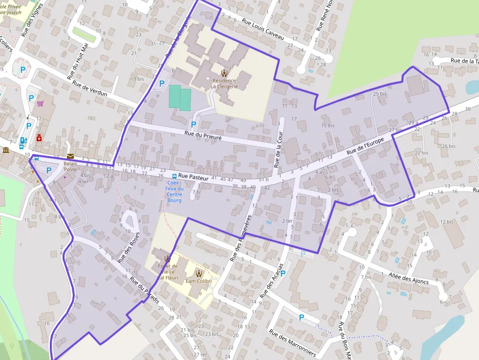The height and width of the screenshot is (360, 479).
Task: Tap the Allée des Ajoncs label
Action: (x=409, y=277)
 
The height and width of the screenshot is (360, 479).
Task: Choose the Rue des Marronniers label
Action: (x=292, y=342)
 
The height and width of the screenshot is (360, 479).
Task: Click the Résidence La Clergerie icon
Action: (x=224, y=73)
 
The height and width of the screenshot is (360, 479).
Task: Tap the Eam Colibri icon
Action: (x=199, y=273)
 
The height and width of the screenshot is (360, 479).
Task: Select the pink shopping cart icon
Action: (x=40, y=104)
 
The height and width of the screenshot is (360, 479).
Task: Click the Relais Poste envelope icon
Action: (x=70, y=156)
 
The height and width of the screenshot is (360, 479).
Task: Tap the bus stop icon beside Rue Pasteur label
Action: (x=174, y=176)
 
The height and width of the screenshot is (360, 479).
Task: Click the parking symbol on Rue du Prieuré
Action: (x=194, y=125)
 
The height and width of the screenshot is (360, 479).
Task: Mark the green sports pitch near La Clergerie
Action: (x=179, y=97)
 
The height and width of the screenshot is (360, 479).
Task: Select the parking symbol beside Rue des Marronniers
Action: (x=302, y=318)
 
